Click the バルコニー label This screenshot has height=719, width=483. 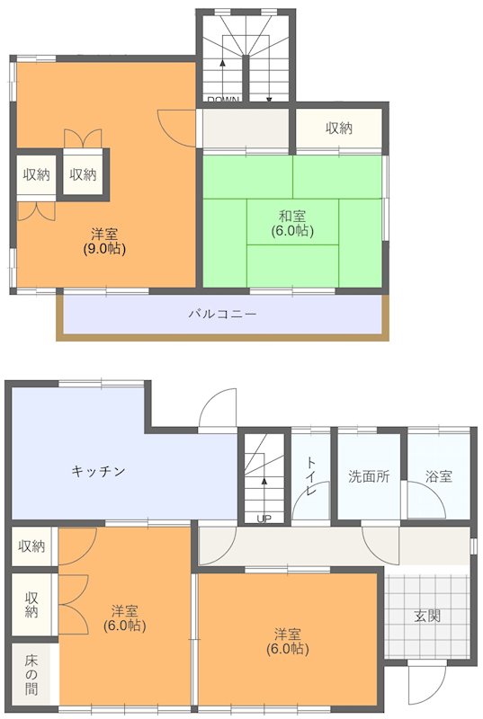click(x=222, y=315)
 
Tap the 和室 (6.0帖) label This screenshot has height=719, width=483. click(x=291, y=223)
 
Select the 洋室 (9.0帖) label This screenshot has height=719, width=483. click(x=103, y=240)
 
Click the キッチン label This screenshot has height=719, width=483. click(x=98, y=471)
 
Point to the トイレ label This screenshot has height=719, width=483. click(x=311, y=476)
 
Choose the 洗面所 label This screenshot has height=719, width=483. click(x=369, y=476)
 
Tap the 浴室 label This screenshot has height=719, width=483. click(x=439, y=476)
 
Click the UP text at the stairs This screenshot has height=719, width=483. click(x=264, y=519)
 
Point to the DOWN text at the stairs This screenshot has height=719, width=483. click(x=222, y=100)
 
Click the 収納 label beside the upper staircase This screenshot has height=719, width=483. click(x=339, y=129)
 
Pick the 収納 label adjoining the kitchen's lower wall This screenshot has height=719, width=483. click(x=31, y=546)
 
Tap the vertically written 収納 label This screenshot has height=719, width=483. click(x=31, y=604)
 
